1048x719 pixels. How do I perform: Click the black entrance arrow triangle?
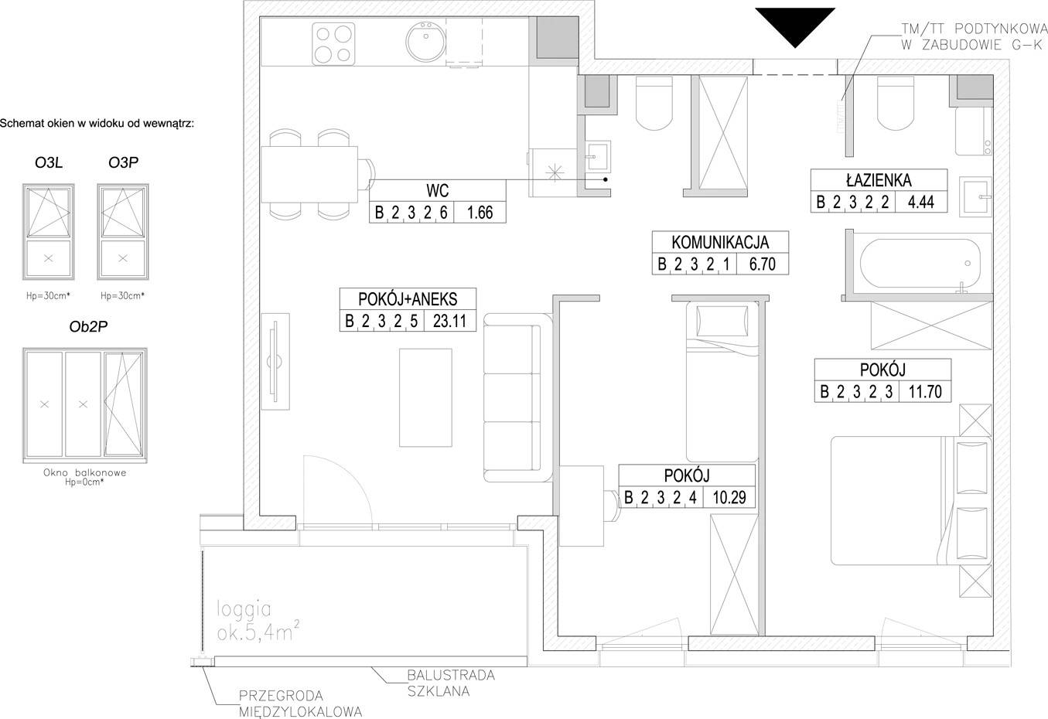tap(795, 24)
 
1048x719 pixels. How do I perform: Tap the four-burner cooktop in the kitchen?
tap(333, 44)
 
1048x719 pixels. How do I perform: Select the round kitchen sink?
tap(425, 41)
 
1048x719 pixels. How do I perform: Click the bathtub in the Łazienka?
tap(920, 264)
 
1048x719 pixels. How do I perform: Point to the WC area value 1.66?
tap(480, 213)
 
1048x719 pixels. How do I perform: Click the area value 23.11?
tap(449, 321)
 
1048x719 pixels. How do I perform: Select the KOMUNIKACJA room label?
tap(720, 242)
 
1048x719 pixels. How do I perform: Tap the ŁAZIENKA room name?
tap(879, 180)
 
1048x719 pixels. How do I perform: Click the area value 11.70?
tap(925, 391)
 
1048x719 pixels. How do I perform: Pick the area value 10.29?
tap(729, 497)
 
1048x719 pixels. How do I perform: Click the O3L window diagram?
tap(49, 232)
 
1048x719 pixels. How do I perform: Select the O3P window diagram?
tap(123, 232)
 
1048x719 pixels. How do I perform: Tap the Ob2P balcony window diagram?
tap(84, 405)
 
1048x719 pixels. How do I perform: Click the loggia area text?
tap(258, 621)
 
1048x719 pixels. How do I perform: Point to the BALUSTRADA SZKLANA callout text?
tap(451, 683)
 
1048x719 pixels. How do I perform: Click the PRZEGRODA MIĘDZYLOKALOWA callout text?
tap(300, 704)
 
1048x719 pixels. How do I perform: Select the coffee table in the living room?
tap(425, 397)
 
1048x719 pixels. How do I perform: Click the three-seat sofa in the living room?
tap(518, 398)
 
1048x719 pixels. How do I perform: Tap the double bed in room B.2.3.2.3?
tap(911, 500)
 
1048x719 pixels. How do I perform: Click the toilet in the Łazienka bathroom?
tap(895, 103)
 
